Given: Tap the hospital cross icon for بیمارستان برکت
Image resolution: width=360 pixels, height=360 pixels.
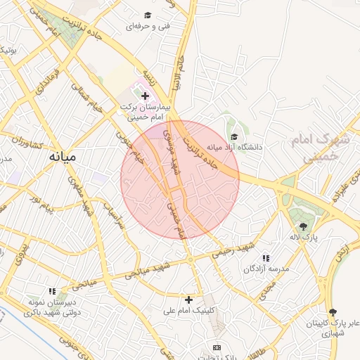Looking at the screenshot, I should pyautogui.click(x=145, y=95).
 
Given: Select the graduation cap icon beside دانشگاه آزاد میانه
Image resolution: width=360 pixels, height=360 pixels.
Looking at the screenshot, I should pyautogui.click(x=233, y=137).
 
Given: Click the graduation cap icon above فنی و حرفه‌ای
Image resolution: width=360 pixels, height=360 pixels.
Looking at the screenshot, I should pyautogui.click(x=148, y=15).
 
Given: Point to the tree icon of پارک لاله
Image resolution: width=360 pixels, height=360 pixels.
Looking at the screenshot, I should pyautogui.click(x=304, y=226).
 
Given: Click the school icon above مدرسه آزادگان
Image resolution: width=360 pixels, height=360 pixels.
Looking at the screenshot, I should pyautogui.click(x=265, y=258).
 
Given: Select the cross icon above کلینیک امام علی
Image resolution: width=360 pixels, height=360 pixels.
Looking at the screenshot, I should pyautogui.click(x=188, y=300).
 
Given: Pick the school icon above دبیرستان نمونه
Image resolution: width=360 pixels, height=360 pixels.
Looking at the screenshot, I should pyautogui.click(x=52, y=290).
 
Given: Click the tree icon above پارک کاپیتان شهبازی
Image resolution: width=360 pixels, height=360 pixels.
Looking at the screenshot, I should pyautogui.click(x=333, y=312).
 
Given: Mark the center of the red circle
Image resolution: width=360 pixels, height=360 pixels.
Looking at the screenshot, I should pyautogui.click(x=180, y=179).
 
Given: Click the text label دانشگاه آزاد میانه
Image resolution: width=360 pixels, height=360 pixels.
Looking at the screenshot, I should pyautogui.click(x=234, y=148).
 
